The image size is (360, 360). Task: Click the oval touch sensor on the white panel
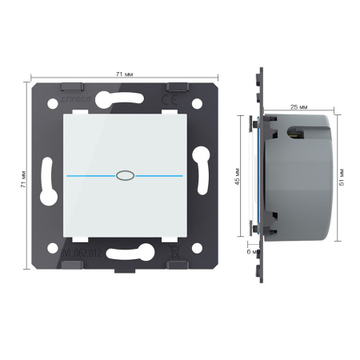point(123,173)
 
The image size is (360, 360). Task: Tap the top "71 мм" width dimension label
point(124,74)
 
